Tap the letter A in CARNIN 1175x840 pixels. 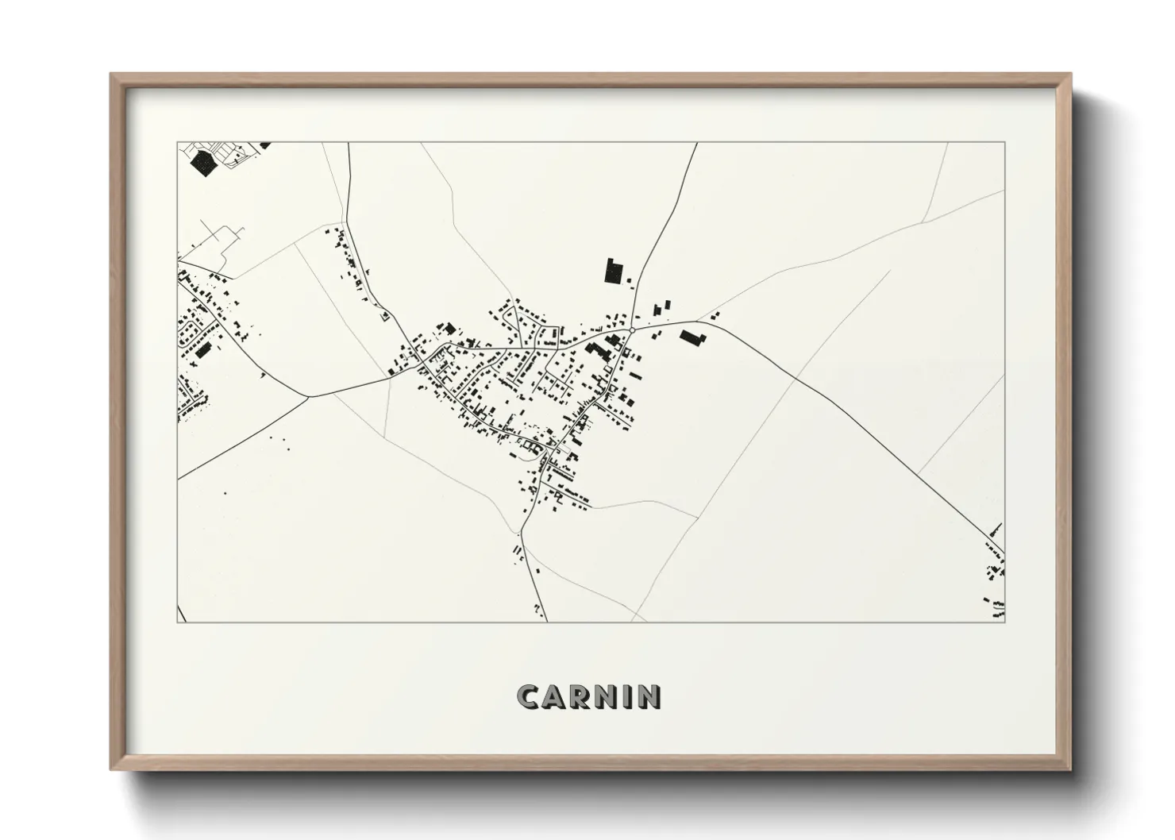[555, 697]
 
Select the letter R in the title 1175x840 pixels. [581, 697]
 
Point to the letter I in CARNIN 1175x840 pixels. [628, 697]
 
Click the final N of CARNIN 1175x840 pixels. [649, 697]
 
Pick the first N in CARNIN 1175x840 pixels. [607, 697]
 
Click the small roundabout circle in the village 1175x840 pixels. [631, 329]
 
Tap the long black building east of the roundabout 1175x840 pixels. [692, 337]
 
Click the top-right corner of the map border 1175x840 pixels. [1004, 143]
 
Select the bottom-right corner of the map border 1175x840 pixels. [1004, 622]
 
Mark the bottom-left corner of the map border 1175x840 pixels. [178, 622]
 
